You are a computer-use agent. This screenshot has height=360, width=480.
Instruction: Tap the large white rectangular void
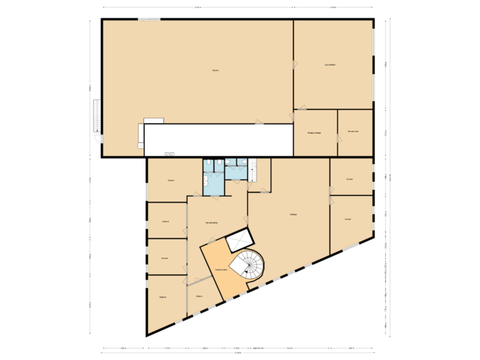coord(219,139)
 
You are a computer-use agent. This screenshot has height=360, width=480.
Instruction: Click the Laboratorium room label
coord(329,65)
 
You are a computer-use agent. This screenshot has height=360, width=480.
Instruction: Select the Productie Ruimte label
coord(315,133)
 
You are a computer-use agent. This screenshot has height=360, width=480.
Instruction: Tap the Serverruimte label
coord(353,131)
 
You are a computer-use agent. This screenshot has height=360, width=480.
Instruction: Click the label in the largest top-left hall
coord(215,70)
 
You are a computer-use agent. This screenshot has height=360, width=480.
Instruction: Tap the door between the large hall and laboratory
coord(294,63)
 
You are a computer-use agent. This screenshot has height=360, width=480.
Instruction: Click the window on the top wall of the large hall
coord(149,19)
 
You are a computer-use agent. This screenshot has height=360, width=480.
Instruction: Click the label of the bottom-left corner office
coord(163,297)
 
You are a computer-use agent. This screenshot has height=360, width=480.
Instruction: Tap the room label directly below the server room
coord(349,179)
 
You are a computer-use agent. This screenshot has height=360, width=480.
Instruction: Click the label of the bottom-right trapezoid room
coord(348,219)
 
